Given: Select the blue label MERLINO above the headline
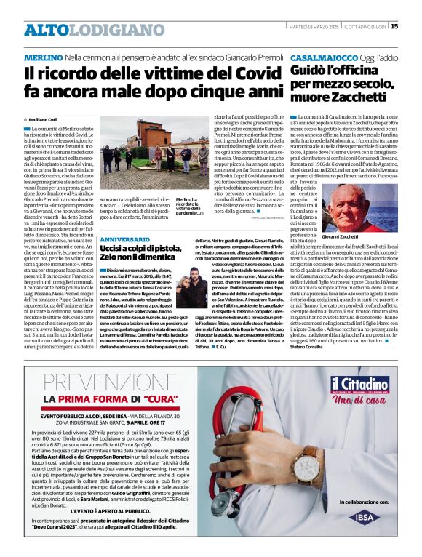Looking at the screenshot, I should tap(43, 57).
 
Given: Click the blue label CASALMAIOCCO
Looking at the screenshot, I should tap(323, 57).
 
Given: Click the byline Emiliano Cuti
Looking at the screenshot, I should tap(46, 119).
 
